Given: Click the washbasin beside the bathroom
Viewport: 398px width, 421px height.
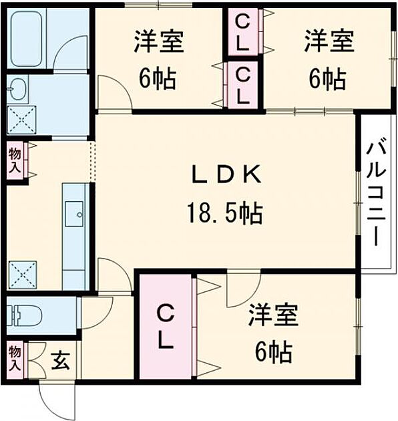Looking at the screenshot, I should pyautogui.click(x=19, y=88).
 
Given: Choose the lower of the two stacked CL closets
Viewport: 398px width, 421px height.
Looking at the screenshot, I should pyautogui.click(x=244, y=84).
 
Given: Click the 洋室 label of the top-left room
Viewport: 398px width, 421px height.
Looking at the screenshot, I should pyautogui.click(x=158, y=41).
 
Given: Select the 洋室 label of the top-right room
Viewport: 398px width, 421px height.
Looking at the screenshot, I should pyautogui.click(x=327, y=41).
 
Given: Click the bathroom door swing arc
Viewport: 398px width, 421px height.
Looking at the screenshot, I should pyautogui.click(x=69, y=53).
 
